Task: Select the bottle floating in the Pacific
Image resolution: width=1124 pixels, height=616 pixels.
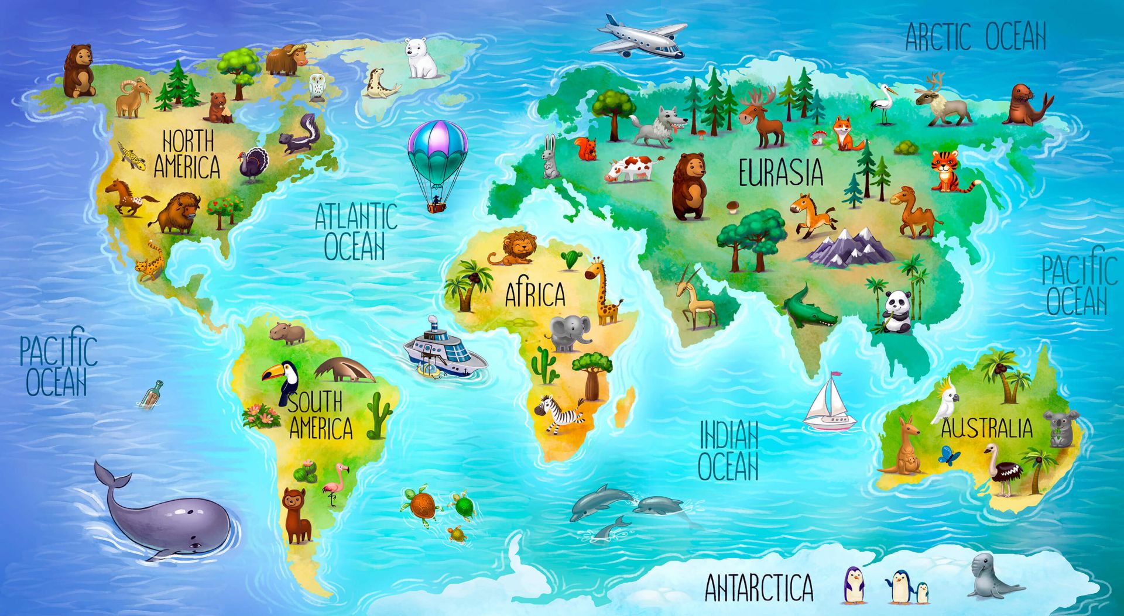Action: click(x=152, y=393)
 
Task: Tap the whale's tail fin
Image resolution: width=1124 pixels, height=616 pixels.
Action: click(x=112, y=476)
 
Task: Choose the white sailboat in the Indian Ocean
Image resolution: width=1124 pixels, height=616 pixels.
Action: click(x=829, y=404)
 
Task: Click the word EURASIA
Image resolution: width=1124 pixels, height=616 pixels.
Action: click(x=780, y=173)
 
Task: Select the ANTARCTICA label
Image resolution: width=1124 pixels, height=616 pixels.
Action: click(x=759, y=587)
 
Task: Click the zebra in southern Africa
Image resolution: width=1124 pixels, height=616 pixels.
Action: click(x=557, y=414)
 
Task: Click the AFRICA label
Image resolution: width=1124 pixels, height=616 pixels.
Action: click(x=535, y=294)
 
